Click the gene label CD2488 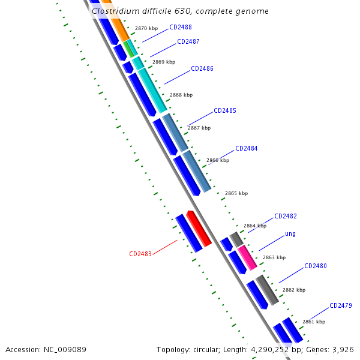pyautogui.click(x=181, y=28)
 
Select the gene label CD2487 pyautogui.click(x=188, y=41)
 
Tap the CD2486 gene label pyautogui.click(x=202, y=68)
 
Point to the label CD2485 pyautogui.click(x=225, y=110)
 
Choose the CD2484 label pyautogui.click(x=247, y=149)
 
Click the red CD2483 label pyautogui.click(x=140, y=254)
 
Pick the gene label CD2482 pyautogui.click(x=286, y=216)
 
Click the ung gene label pyautogui.click(x=290, y=234)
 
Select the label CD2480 pyautogui.click(x=315, y=266)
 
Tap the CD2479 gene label pyautogui.click(x=340, y=305)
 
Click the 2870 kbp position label pyautogui.click(x=146, y=28)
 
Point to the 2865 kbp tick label pyautogui.click(x=236, y=193)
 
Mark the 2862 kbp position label pyautogui.click(x=294, y=290)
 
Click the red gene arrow pyautogui.click(x=199, y=229)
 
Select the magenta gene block pyautogui.click(x=247, y=257)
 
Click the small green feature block pyautogui.click(x=128, y=49)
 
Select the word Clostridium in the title pyautogui.click(x=115, y=11)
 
